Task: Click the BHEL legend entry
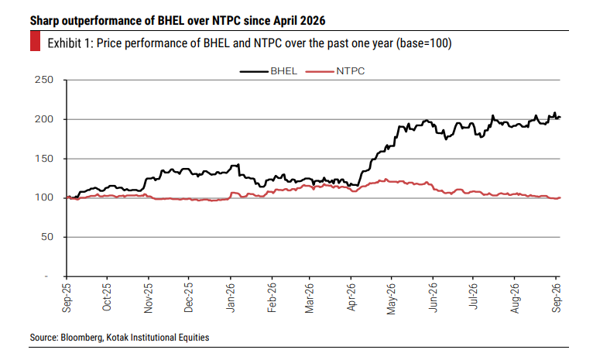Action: pyautogui.click(x=269, y=71)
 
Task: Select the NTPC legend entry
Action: pyautogui.click(x=335, y=71)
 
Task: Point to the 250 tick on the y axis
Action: pyautogui.click(x=44, y=80)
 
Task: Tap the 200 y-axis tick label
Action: pyautogui.click(x=44, y=119)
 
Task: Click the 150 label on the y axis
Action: pyautogui.click(x=44, y=159)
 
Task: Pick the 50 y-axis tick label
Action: pyautogui.click(x=47, y=237)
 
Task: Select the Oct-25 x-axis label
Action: pyautogui.click(x=107, y=297)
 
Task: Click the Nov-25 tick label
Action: pyautogui.click(x=149, y=298)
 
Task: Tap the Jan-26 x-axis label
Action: pyautogui.click(x=231, y=297)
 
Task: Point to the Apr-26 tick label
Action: pyautogui.click(x=351, y=297)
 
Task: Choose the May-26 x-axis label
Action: pyautogui.click(x=391, y=299)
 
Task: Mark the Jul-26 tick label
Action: pyautogui.click(x=473, y=296)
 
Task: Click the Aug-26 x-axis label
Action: pyautogui.click(x=515, y=298)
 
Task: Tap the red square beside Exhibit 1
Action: pyautogui.click(x=35, y=41)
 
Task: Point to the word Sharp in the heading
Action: pyautogui.click(x=45, y=21)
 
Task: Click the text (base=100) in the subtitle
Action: pyautogui.click(x=424, y=43)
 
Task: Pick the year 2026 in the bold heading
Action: pyautogui.click(x=313, y=20)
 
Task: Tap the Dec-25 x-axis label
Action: pyautogui.click(x=189, y=297)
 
